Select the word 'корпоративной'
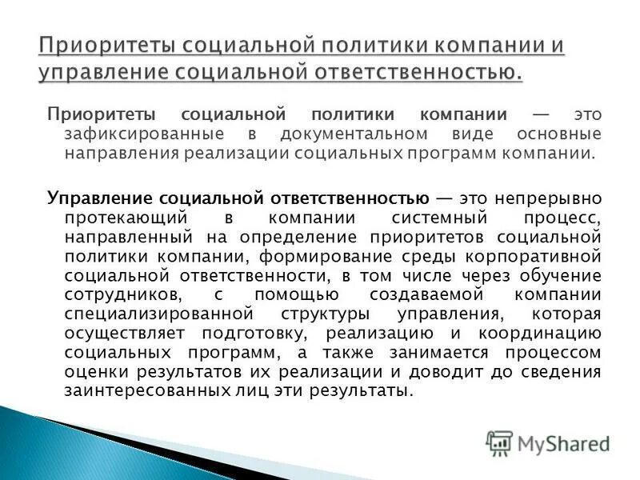(541, 257)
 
